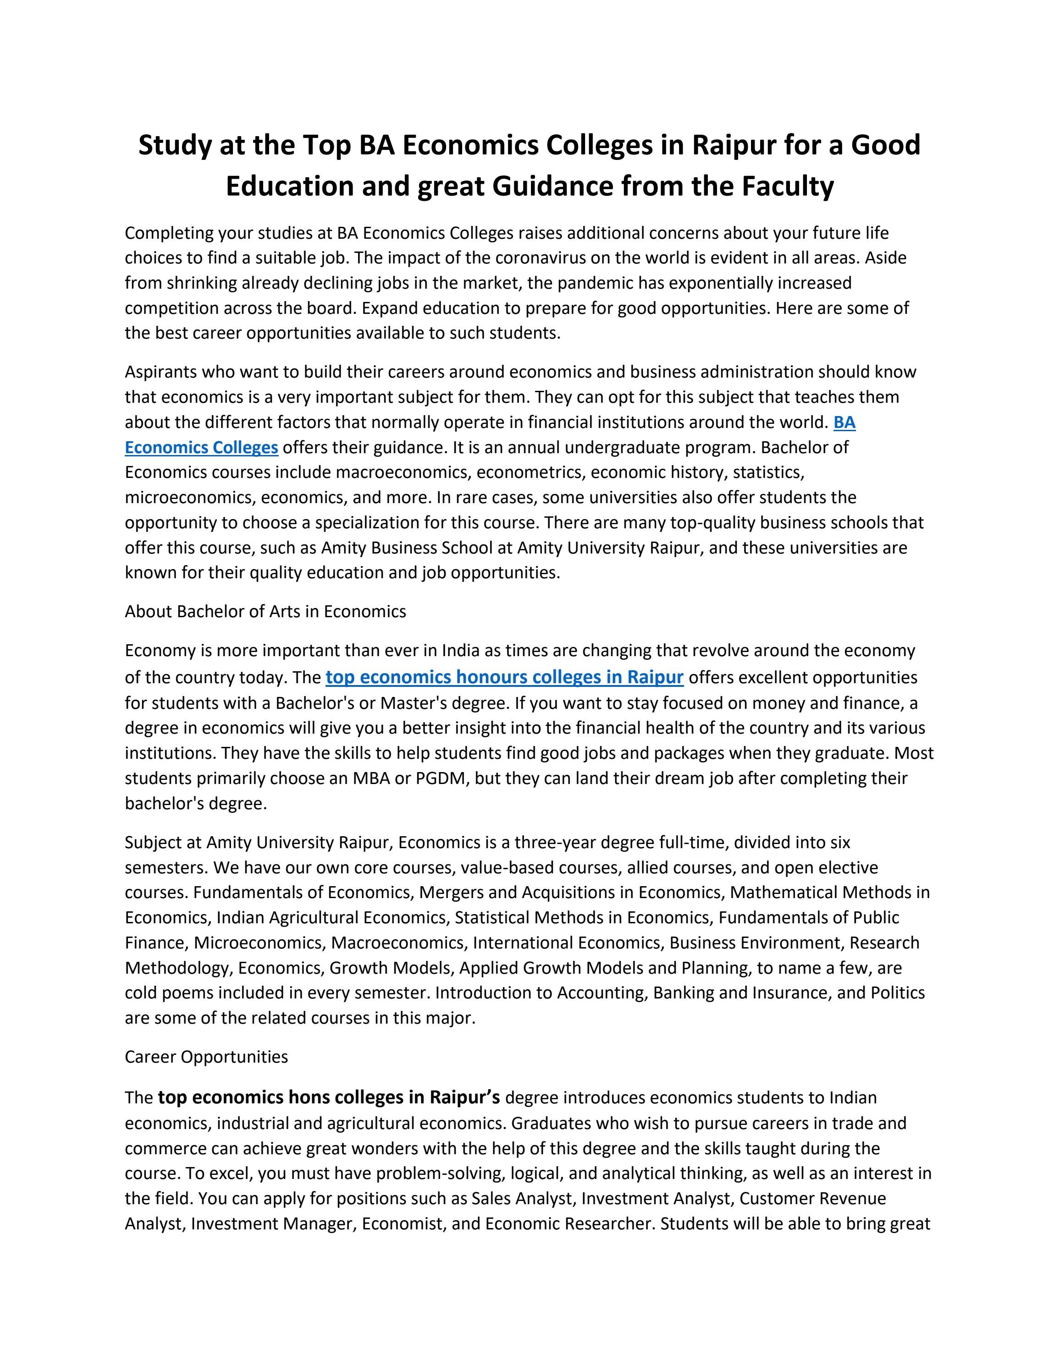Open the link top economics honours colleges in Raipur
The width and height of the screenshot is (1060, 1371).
pyautogui.click(x=504, y=677)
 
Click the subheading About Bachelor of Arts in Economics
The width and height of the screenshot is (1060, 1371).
pyautogui.click(x=265, y=611)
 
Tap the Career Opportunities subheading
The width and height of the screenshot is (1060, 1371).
pyautogui.click(x=206, y=1057)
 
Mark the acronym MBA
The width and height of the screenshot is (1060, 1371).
pyautogui.click(x=371, y=779)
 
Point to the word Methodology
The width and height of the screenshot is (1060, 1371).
pyautogui.click(x=178, y=968)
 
